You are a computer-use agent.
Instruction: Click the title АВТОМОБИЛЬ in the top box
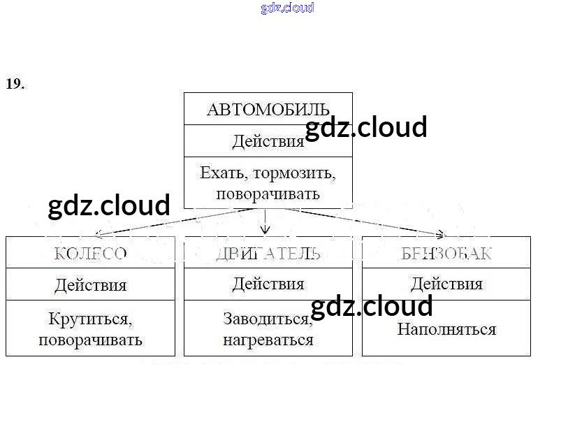click(x=268, y=109)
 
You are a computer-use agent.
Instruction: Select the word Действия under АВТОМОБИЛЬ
click(x=268, y=141)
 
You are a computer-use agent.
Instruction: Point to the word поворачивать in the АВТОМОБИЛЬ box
click(x=268, y=194)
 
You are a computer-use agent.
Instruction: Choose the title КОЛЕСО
click(x=90, y=253)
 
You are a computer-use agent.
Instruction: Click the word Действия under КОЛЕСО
click(x=90, y=284)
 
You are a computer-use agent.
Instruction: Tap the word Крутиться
click(x=90, y=319)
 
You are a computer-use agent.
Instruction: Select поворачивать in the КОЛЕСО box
click(x=90, y=340)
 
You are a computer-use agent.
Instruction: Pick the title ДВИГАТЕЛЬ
click(x=268, y=253)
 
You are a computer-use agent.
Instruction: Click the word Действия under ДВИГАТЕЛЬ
click(x=268, y=284)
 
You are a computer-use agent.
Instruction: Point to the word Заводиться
click(x=268, y=319)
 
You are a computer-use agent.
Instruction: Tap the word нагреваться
click(x=268, y=340)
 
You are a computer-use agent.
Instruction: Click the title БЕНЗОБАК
click(x=446, y=253)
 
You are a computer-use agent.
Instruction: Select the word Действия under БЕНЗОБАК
click(x=446, y=284)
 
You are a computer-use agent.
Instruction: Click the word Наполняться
click(x=446, y=329)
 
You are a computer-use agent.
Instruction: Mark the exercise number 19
click(x=15, y=84)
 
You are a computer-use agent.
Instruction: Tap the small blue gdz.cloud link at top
click(x=287, y=8)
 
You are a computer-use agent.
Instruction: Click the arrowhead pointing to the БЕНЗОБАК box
click(x=440, y=234)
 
